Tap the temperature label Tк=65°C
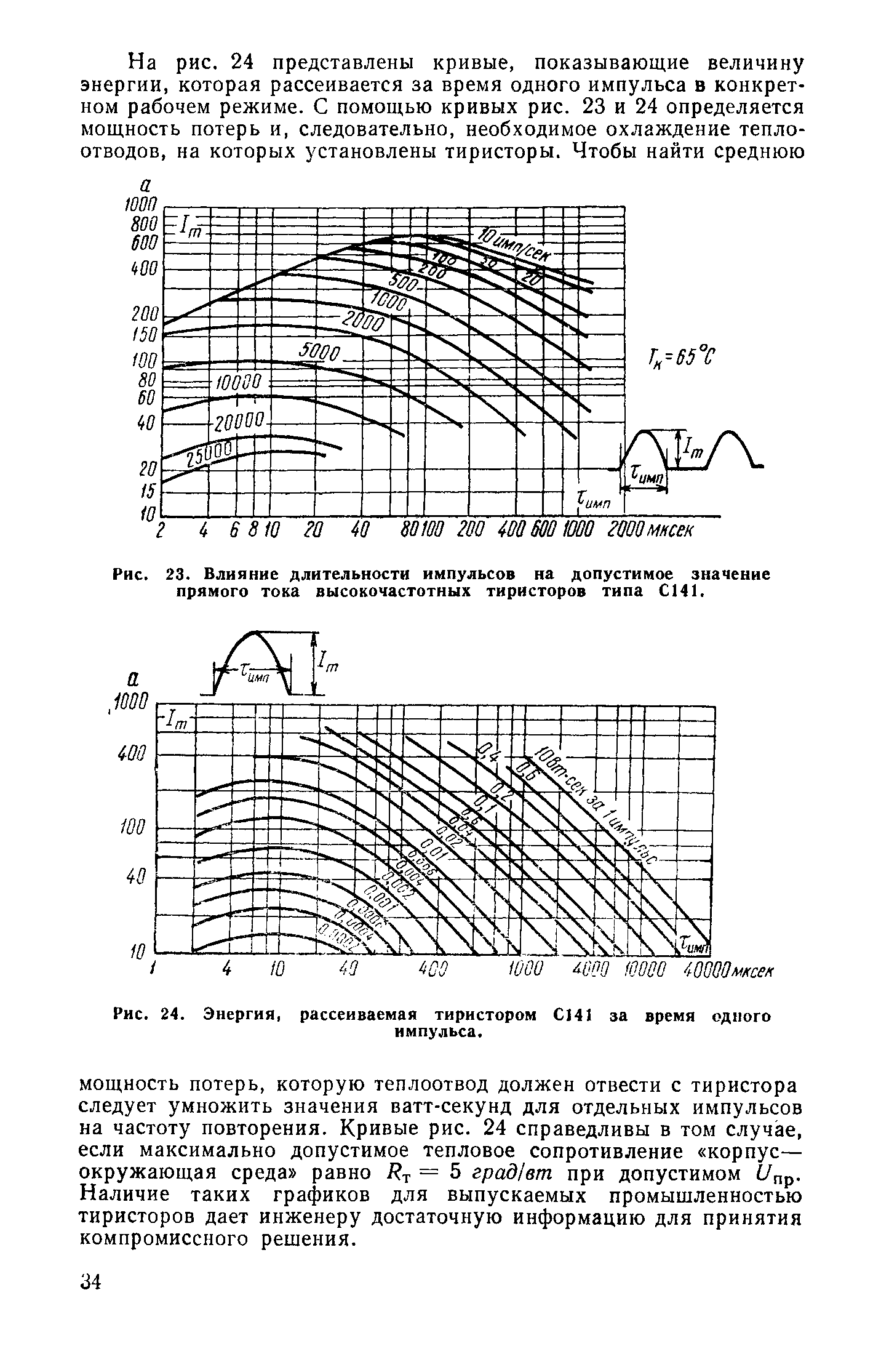point(679,356)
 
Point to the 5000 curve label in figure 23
point(319,353)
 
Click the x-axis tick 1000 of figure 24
point(527,971)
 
